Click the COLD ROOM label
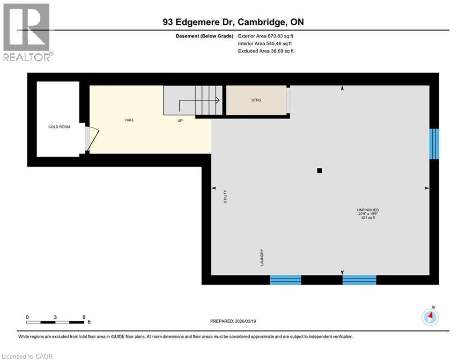[59, 127]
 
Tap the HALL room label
[129, 120]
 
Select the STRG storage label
[256, 100]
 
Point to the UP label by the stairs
[179, 120]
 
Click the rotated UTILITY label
[225, 196]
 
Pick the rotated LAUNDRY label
[262, 258]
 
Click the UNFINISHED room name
[367, 210]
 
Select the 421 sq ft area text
[367, 217]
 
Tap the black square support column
[319, 171]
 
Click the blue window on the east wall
[435, 143]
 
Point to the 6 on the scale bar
[84, 317]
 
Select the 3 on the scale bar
[55, 317]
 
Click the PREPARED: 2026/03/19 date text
[234, 321]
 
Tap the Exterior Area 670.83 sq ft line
[266, 36]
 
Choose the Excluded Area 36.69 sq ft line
[266, 51]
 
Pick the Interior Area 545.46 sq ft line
[266, 43]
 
